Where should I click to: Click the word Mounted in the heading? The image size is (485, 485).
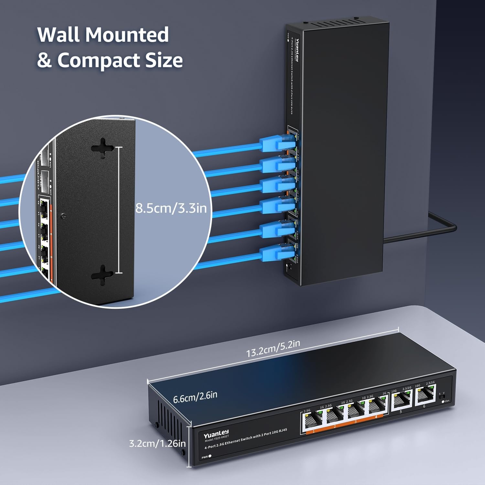point(127,35)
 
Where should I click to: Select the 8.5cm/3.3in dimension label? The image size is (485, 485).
point(171,208)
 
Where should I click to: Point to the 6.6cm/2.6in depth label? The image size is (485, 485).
point(195,397)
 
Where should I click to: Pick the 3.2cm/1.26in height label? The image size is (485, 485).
point(157,443)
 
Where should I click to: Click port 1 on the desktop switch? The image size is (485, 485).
point(312,420)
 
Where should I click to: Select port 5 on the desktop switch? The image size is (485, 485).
point(402,401)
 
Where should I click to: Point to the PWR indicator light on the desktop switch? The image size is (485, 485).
point(210,456)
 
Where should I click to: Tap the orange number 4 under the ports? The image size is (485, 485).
point(376,417)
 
